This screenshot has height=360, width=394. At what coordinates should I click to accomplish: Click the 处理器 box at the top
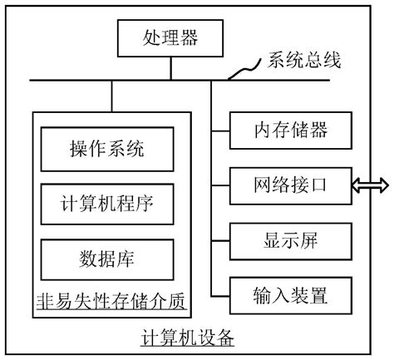click(170, 38)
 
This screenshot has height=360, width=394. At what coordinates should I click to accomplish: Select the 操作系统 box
click(107, 150)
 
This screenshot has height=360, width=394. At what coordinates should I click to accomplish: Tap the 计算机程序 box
click(107, 203)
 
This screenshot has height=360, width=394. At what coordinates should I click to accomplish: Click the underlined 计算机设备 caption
click(187, 339)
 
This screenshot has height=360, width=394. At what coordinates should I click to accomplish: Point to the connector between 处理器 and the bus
click(170, 68)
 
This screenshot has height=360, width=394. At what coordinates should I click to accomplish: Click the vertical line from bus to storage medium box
click(109, 96)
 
